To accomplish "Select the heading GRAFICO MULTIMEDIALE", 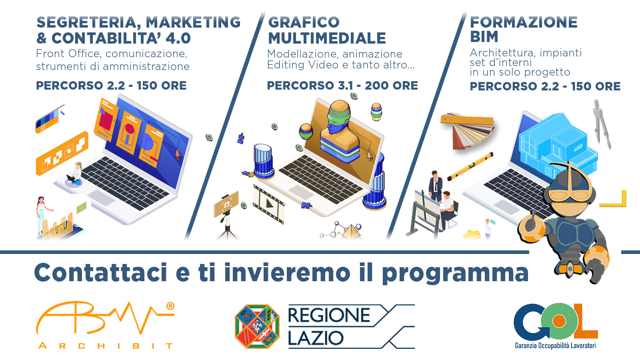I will pyautogui.click(x=327, y=30).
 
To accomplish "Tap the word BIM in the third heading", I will pyautogui.click(x=484, y=37).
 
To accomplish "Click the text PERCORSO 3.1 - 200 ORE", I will pyautogui.click(x=342, y=86).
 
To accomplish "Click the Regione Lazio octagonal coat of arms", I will pyautogui.click(x=257, y=326).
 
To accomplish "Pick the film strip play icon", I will pyautogui.click(x=268, y=203).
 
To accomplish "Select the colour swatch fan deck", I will pyautogui.click(x=467, y=130).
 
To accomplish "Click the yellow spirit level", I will pyautogui.click(x=470, y=166).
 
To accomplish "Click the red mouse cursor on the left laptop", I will pyautogui.click(x=178, y=153).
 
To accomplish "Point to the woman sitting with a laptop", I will pyautogui.click(x=76, y=174).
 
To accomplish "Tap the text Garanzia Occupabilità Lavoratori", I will pyautogui.click(x=555, y=345).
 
